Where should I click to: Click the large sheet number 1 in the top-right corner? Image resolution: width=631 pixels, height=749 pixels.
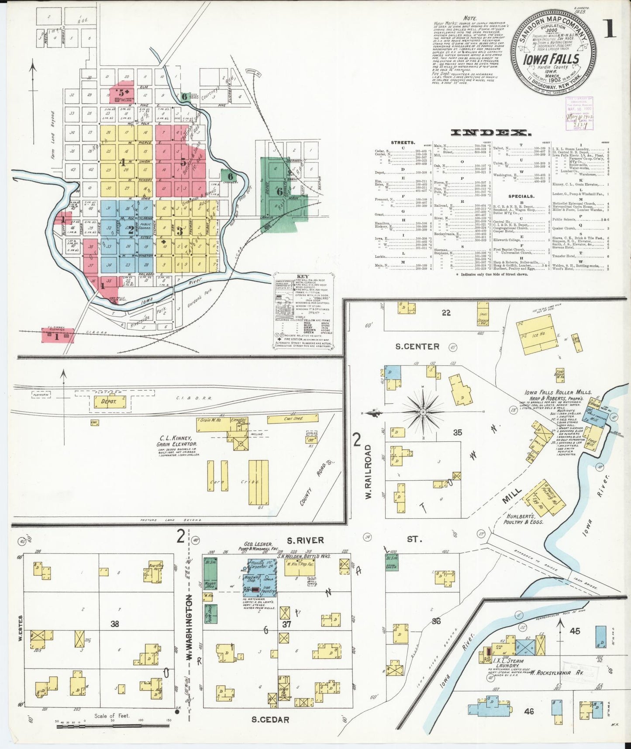click(x=610, y=29)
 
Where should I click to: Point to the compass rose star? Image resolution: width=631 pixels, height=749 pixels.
click(x=423, y=412)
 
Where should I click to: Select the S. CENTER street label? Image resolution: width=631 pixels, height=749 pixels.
click(x=417, y=347)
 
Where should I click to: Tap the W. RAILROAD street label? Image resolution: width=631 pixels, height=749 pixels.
click(x=368, y=472)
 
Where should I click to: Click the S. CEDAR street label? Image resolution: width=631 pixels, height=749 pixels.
click(x=270, y=719)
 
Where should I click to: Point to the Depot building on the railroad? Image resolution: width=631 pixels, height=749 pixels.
click(x=109, y=402)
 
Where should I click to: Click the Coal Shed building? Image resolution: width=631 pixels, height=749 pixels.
click(x=292, y=419)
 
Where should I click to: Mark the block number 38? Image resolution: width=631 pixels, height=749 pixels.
click(x=114, y=624)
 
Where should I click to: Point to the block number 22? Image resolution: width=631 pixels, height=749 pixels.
click(x=446, y=312)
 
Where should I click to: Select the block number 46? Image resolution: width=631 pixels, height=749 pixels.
click(x=529, y=712)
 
